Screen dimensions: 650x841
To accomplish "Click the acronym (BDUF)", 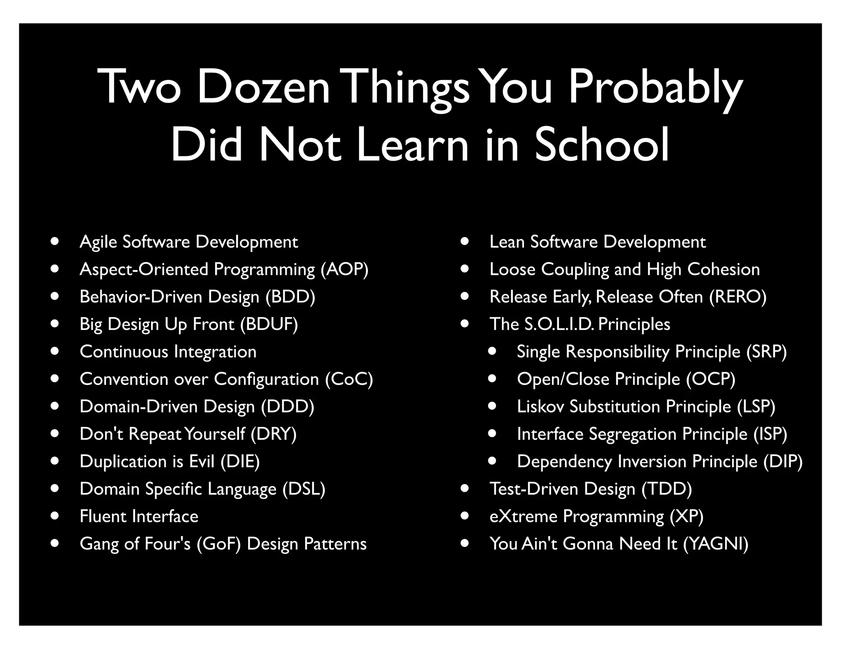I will coord(269,324).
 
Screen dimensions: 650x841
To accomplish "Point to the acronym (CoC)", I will coord(349,379).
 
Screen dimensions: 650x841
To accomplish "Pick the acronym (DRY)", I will coord(273,434).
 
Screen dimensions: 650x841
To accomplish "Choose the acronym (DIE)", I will coord(240,461).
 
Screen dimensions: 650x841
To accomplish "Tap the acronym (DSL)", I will coord(304,489).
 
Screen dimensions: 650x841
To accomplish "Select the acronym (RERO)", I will coord(738,297).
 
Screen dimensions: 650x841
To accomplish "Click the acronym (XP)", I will coord(687,516).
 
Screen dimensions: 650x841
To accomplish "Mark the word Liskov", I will coord(540,406).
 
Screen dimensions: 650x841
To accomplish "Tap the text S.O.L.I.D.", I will coord(559,324).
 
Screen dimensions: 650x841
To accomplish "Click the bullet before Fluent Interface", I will coord(55,516).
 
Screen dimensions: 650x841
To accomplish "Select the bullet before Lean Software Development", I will coord(464,241).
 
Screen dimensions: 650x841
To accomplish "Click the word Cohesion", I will coord(724,270).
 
